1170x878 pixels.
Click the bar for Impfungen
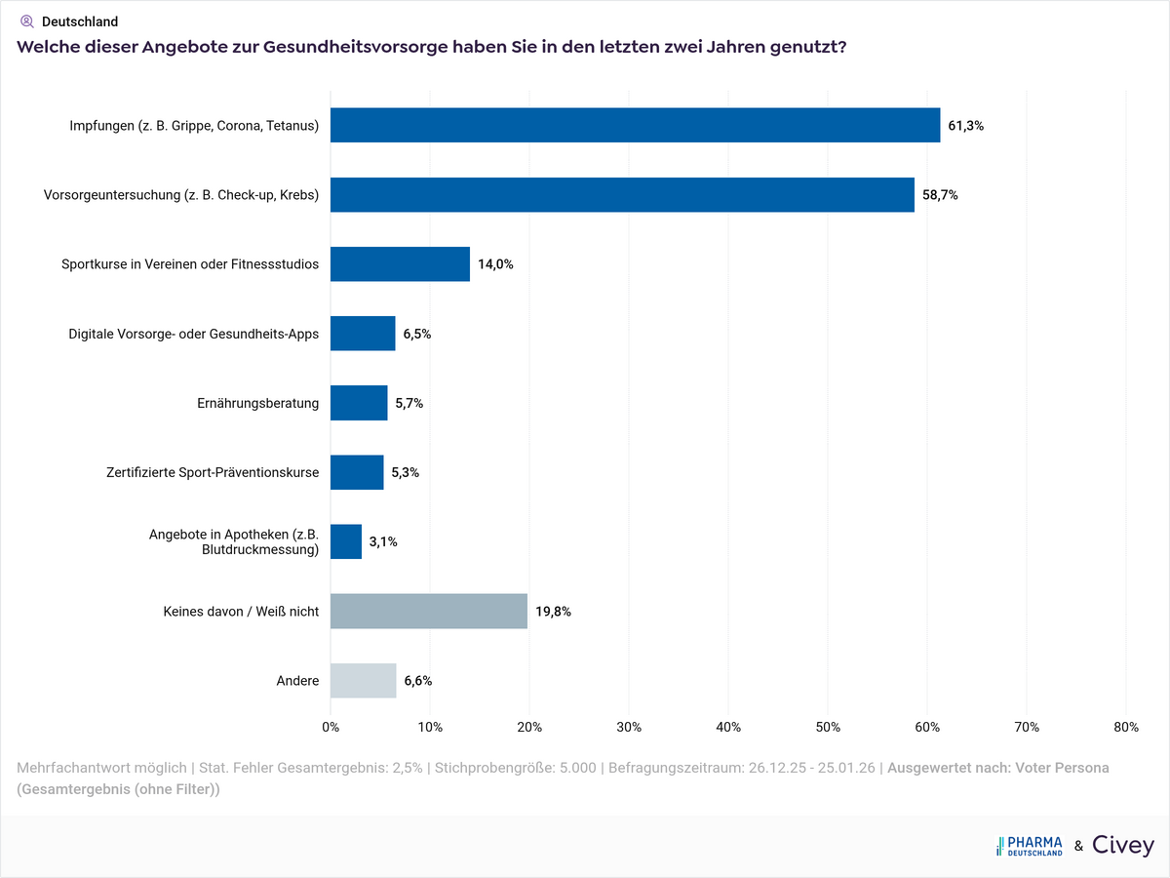pos(635,125)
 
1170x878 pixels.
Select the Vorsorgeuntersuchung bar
pos(622,195)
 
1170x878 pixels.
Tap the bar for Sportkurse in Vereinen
pos(400,264)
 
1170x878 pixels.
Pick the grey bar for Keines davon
pos(429,612)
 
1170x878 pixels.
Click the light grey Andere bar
pos(363,681)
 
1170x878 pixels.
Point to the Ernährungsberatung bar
pos(359,403)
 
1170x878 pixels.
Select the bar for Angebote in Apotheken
pos(346,541)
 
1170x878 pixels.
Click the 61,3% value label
pos(965,126)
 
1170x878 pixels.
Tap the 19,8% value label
pos(553,612)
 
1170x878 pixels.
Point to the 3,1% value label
pos(383,541)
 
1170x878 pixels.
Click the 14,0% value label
pos(495,264)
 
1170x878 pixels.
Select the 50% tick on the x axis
pos(828,727)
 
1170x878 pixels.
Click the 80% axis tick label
pos(1125,727)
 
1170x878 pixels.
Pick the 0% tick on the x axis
pos(331,727)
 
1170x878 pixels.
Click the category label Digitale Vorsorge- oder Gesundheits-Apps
pos(193,334)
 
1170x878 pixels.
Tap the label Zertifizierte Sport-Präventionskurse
pos(213,472)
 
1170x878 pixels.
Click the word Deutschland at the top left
pos(80,21)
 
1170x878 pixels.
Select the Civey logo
pos(1123,846)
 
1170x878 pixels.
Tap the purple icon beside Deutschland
pos(27,20)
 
